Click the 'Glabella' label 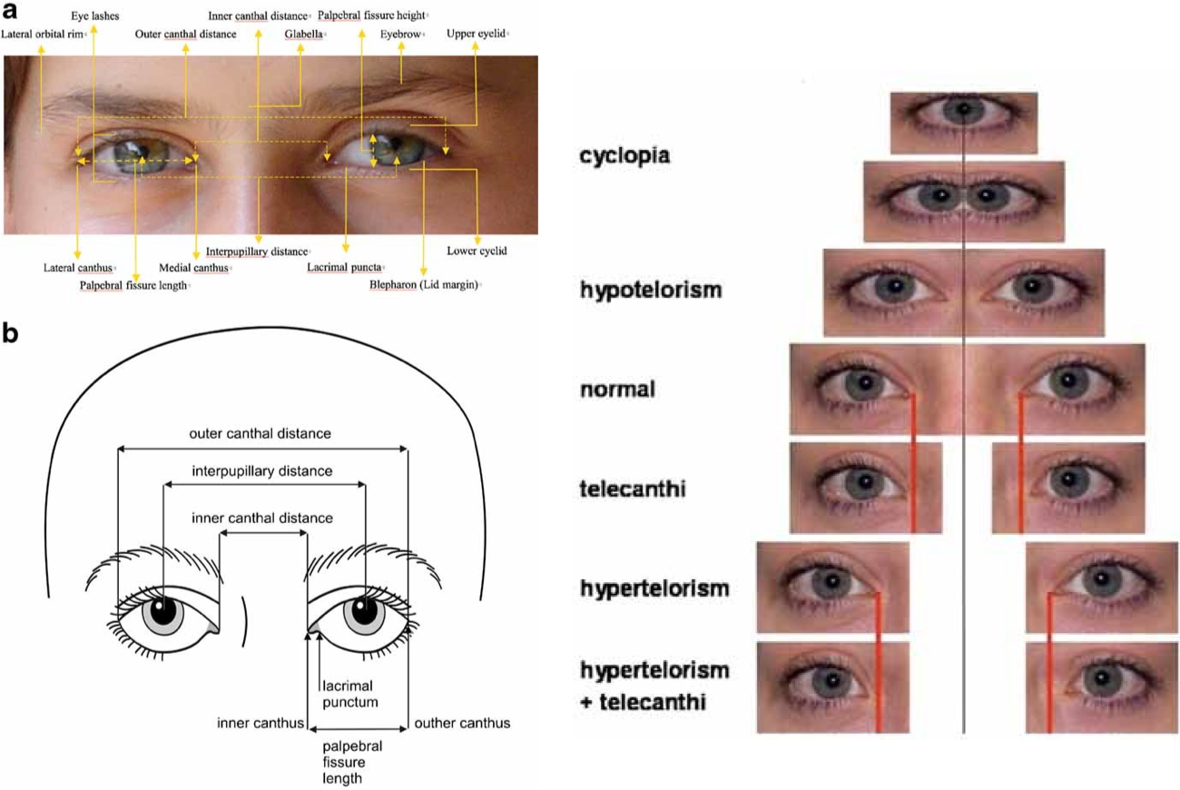point(303,35)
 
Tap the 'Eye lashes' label point(95,16)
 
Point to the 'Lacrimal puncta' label point(344,268)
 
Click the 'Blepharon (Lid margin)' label point(424,284)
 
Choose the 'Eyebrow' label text point(399,35)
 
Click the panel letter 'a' point(10,12)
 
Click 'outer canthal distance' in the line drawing point(261,433)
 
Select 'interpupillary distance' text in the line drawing point(262,471)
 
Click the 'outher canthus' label point(462,724)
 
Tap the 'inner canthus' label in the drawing point(260,724)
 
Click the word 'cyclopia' point(624,155)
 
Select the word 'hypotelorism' point(651,291)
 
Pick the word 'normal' point(617,390)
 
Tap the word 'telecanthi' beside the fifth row point(633,489)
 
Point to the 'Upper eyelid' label point(476,35)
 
